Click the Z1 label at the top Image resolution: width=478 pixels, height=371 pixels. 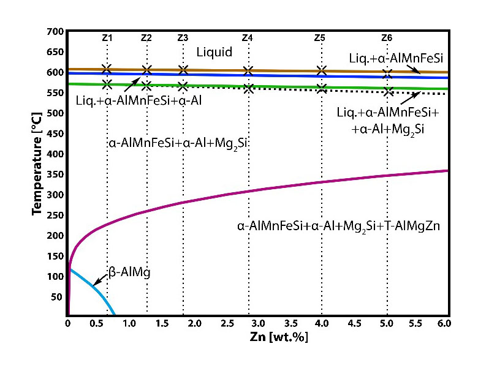coord(107,38)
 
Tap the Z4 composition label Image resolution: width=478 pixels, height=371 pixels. coord(248,38)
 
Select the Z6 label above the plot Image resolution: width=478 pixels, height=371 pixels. coord(387,38)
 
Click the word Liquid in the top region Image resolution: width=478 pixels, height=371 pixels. coord(214,53)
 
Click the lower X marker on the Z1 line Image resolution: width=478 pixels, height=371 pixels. coord(107,84)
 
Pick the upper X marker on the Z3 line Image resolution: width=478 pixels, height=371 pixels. coord(183,70)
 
